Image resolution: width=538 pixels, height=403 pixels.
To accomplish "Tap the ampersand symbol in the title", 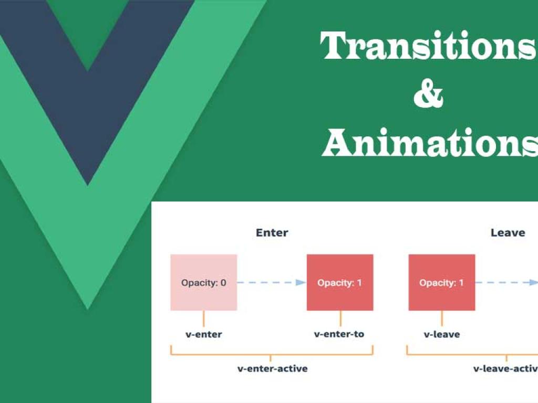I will (x=428, y=96).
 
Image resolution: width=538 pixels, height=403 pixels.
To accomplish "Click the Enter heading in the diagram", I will (x=272, y=232).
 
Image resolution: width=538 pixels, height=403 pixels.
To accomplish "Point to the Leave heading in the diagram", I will (x=508, y=232).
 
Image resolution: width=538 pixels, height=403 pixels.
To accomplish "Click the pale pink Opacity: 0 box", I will (x=203, y=282).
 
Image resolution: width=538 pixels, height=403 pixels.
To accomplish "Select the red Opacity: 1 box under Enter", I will (x=340, y=282).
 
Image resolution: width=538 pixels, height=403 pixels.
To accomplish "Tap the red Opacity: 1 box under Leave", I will (x=442, y=282).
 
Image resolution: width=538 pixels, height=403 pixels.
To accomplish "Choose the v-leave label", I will (x=442, y=334).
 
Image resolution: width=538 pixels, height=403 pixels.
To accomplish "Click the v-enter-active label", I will (x=272, y=368).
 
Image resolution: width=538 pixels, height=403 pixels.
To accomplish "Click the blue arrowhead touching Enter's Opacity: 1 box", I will (x=301, y=282).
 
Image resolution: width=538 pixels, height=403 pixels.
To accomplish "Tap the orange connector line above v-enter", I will (x=204, y=319).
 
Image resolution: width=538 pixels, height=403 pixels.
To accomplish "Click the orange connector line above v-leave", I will (x=442, y=319).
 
